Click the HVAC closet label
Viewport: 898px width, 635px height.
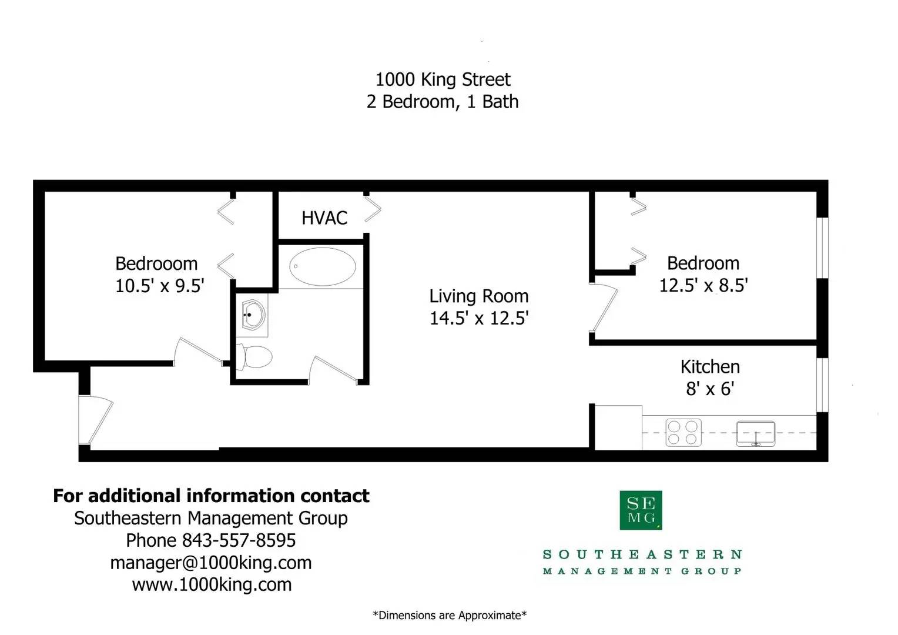(324, 218)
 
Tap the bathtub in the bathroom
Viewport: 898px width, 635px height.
(322, 266)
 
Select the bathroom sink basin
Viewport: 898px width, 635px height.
(253, 315)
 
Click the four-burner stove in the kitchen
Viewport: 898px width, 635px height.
(683, 432)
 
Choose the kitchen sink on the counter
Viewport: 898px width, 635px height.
(756, 434)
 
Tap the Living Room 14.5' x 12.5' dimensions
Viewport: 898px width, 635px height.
(479, 318)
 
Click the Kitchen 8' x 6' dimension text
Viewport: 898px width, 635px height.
(710, 389)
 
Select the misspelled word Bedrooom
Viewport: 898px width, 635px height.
(156, 263)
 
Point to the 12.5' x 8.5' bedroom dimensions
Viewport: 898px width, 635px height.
(703, 286)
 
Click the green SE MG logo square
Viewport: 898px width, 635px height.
(641, 510)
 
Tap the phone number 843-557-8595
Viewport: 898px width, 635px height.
(239, 540)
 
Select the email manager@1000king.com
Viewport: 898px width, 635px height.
(211, 563)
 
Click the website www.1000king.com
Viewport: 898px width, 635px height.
(212, 584)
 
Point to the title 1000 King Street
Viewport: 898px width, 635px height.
(443, 79)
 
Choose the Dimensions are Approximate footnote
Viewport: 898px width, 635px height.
(450, 616)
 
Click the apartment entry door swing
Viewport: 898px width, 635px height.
(100, 421)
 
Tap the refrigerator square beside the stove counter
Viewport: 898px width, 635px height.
(618, 427)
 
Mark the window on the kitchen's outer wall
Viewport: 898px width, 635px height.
(823, 385)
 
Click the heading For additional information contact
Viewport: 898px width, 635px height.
(211, 496)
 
